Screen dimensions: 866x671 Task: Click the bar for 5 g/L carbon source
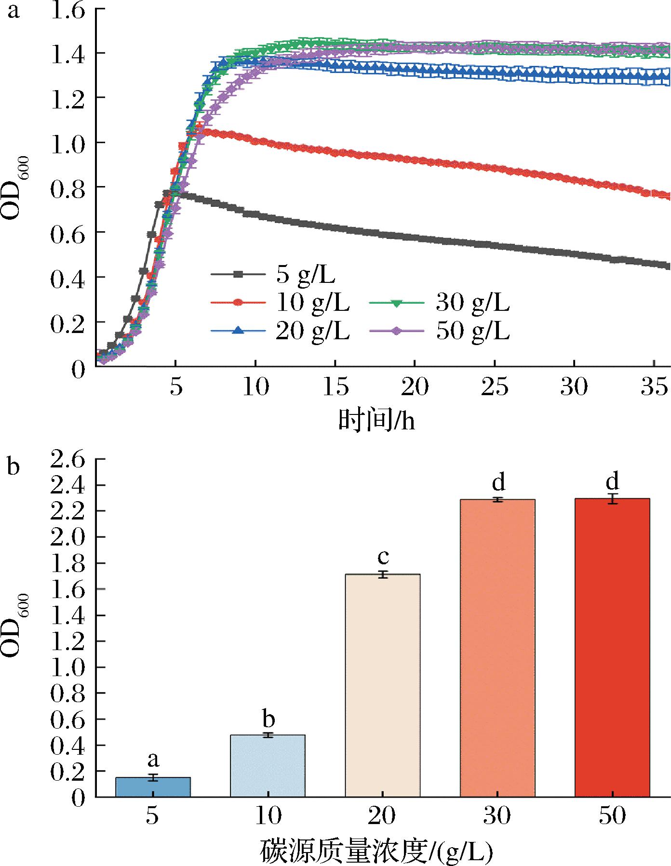pos(153,787)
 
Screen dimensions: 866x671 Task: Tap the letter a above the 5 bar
pos(153,760)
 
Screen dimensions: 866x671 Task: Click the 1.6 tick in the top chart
pos(67,10)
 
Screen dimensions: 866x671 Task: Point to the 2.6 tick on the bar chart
pos(67,460)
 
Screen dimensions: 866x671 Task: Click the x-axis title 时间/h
pos(376,421)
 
